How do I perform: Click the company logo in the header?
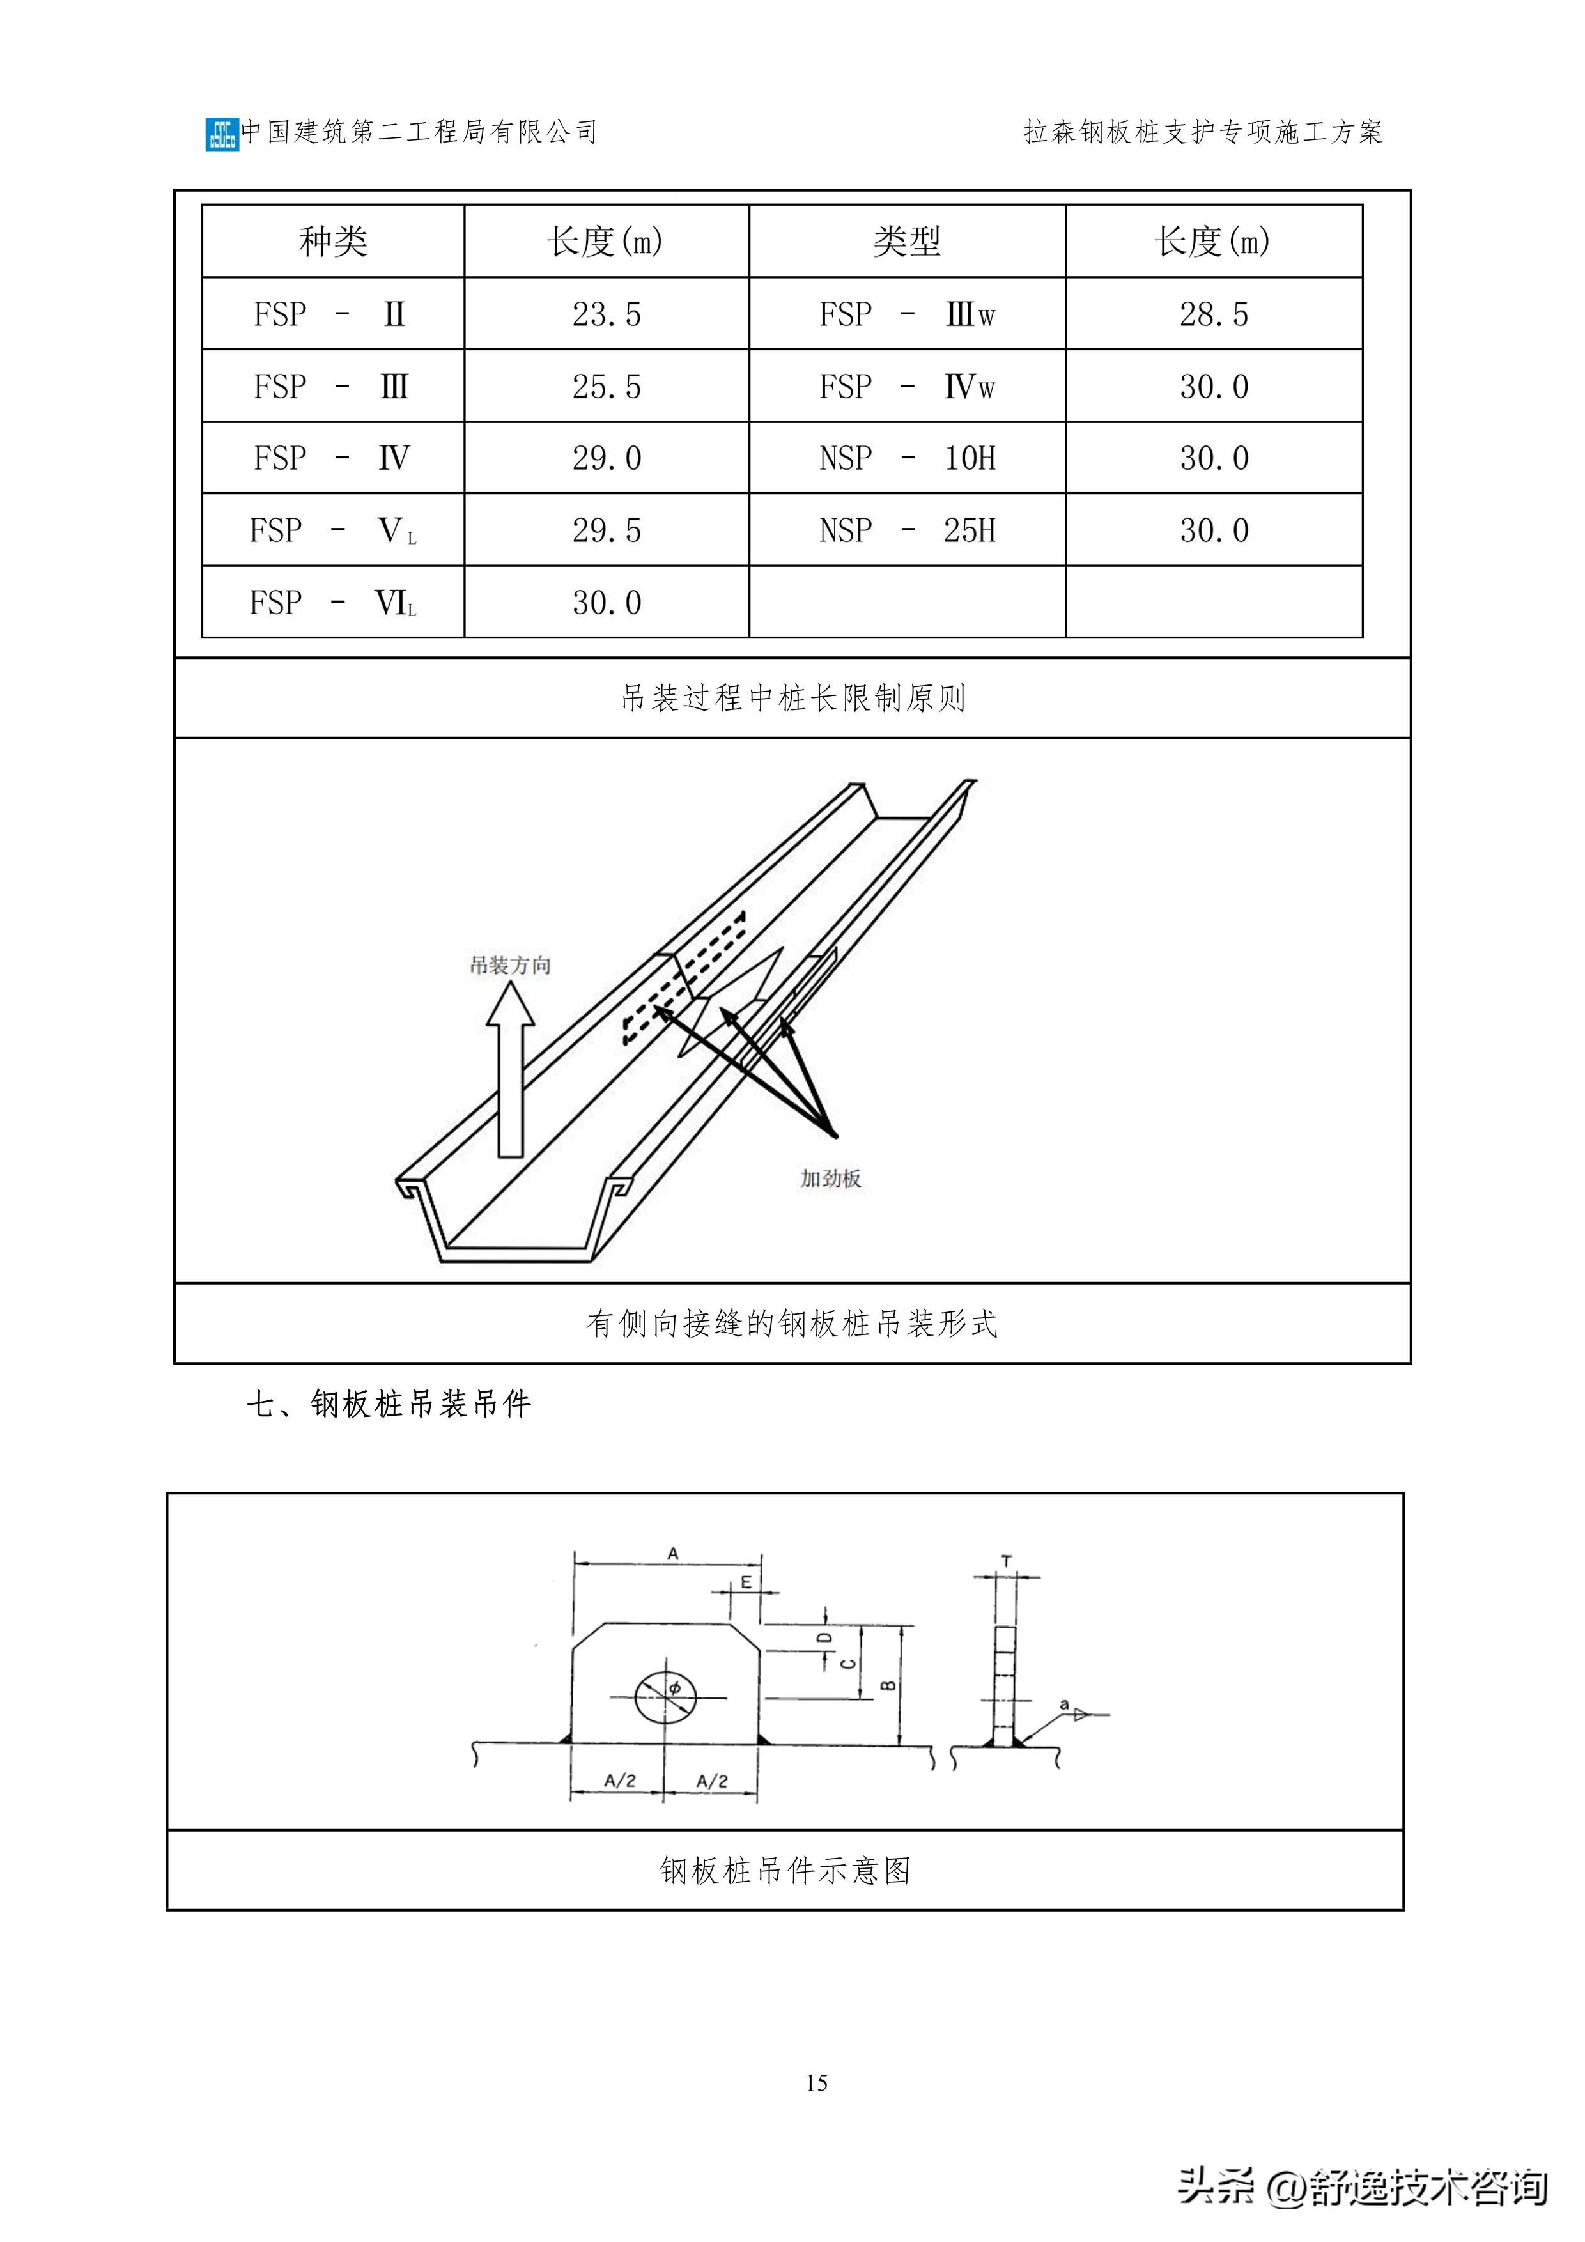tap(222, 134)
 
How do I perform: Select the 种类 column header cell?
tap(333, 241)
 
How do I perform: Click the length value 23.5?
tap(607, 314)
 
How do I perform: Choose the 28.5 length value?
tap(1213, 314)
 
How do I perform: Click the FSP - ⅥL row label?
tap(333, 603)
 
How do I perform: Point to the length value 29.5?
tap(607, 530)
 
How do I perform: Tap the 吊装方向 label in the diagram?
tap(510, 965)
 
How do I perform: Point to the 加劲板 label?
tap(830, 1179)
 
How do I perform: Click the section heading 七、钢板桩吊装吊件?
tap(389, 1404)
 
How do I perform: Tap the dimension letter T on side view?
tap(1006, 1561)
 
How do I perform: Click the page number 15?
tap(816, 2083)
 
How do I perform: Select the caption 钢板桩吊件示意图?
tap(784, 1870)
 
